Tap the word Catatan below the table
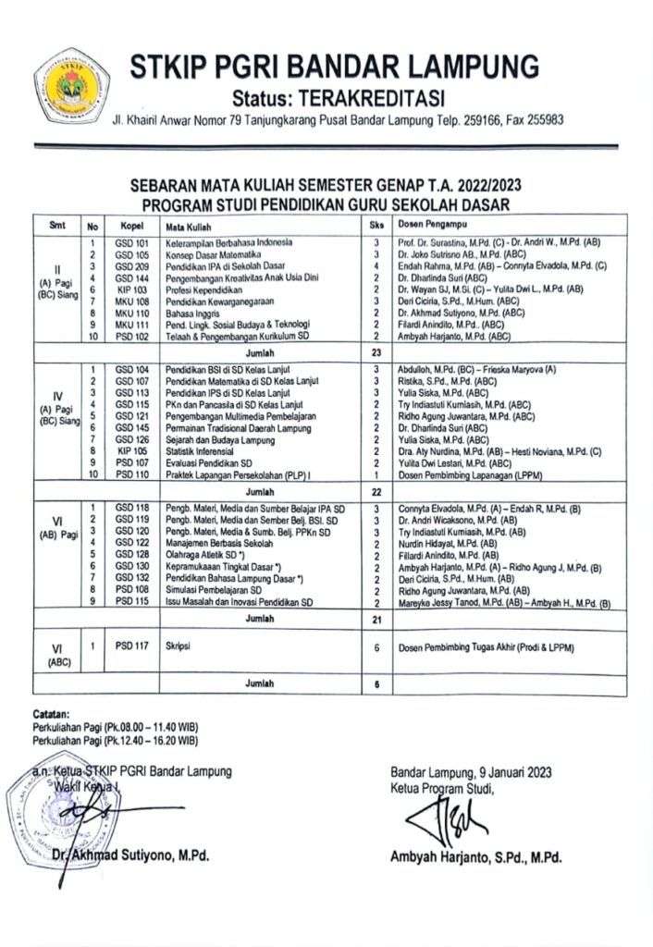[50, 715]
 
